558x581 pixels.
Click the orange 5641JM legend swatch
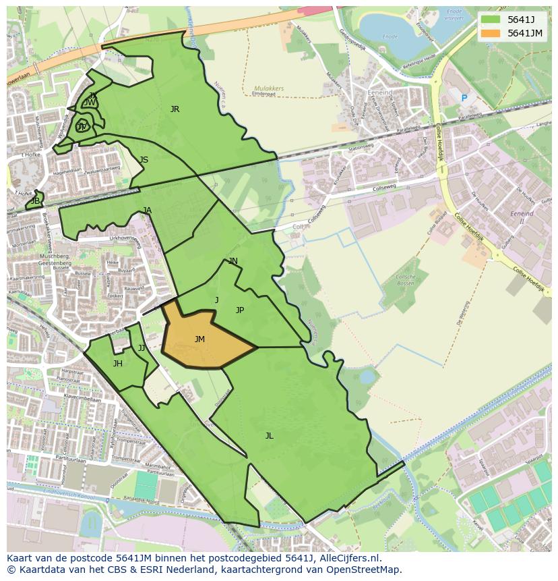tap(491, 33)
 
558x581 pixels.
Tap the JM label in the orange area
tap(199, 339)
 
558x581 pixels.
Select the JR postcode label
tap(175, 109)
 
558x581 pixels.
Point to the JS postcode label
tap(144, 160)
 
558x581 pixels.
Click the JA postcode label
tap(147, 211)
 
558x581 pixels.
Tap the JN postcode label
tap(232, 261)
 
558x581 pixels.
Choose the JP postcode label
tap(239, 310)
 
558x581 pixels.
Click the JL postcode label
tap(269, 436)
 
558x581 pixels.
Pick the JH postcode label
tap(118, 364)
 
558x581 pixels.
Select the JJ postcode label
tap(142, 348)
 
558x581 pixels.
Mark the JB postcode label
tap(35, 201)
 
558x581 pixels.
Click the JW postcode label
tap(90, 103)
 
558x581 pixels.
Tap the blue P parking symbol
tap(464, 99)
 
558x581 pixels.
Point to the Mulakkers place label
tap(269, 88)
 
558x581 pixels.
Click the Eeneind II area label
tap(522, 217)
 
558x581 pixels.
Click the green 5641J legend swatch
tap(491, 20)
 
